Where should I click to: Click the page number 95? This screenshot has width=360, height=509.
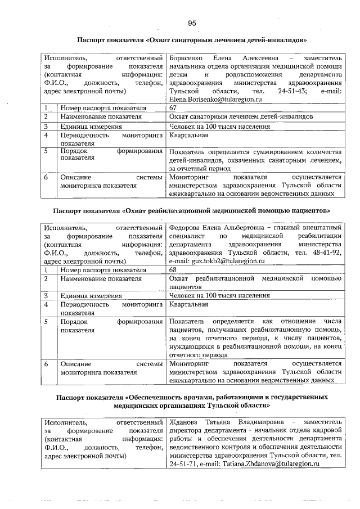pyautogui.click(x=192, y=23)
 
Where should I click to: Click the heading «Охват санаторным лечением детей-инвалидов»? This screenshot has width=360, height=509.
pyautogui.click(x=192, y=40)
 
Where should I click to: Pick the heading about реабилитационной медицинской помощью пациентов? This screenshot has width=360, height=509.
pyautogui.click(x=192, y=210)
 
